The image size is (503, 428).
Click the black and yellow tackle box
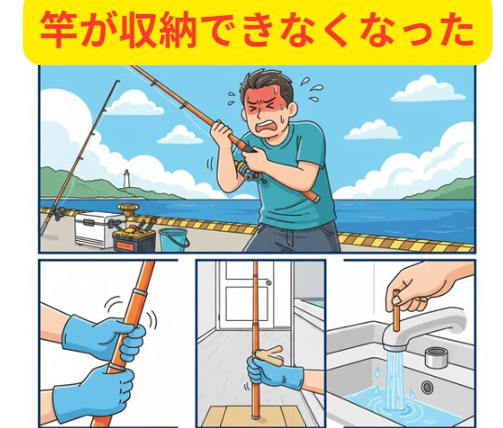point(135,234)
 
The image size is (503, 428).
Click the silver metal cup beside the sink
point(437,355)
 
